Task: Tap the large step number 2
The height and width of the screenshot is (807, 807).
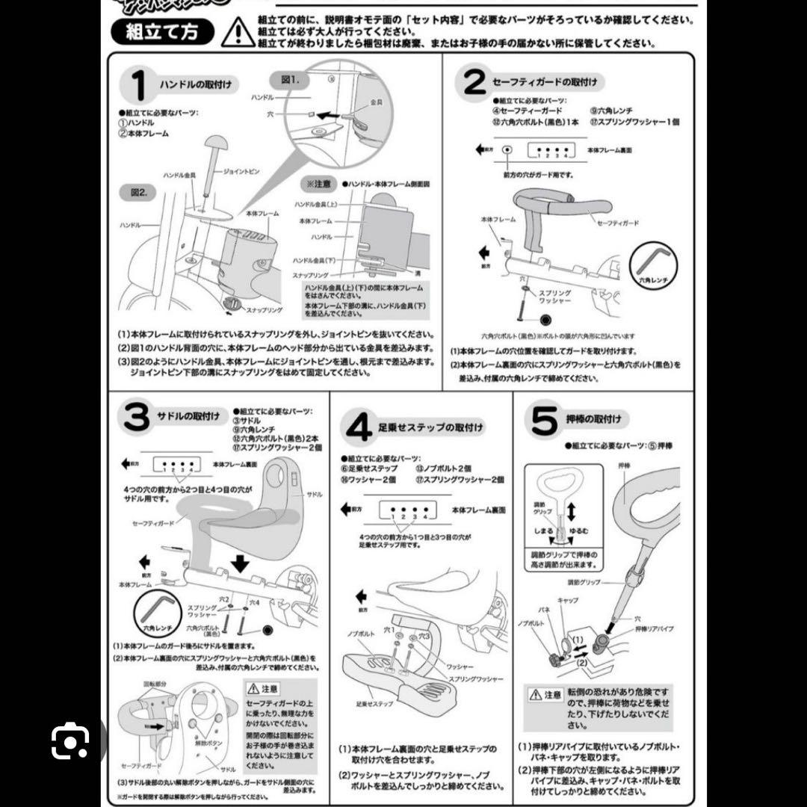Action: [474, 83]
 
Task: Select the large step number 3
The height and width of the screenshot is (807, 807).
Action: [136, 418]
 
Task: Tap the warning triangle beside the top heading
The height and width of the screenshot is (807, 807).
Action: [238, 31]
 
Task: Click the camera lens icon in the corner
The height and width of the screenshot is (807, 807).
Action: [70, 740]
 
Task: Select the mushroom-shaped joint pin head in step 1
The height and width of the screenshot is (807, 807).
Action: [216, 142]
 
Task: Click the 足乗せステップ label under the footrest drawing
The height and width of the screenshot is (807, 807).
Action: [374, 705]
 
